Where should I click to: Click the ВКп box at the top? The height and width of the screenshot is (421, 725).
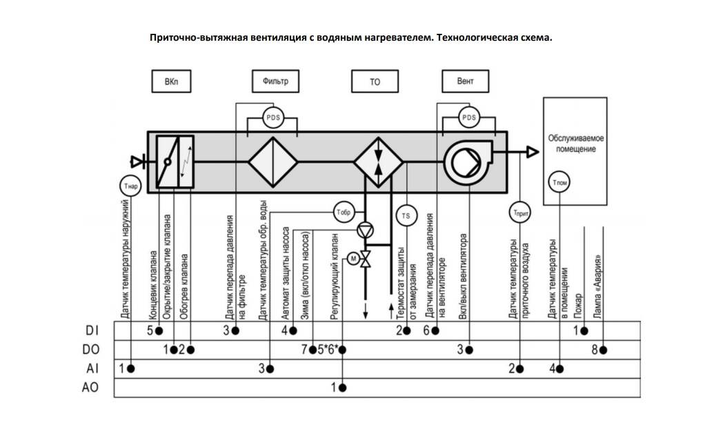coord(170,81)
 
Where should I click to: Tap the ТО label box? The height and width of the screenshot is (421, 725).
coord(375,81)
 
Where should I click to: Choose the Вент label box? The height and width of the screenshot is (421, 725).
coord(466,81)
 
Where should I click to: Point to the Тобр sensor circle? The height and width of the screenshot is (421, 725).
coord(343,211)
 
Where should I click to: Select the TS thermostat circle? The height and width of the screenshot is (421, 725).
coord(406,215)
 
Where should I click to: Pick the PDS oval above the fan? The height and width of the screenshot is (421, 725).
coord(469,117)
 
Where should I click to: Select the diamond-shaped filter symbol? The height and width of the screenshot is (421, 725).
coord(272,163)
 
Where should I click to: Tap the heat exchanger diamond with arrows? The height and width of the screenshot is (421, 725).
coord(378,163)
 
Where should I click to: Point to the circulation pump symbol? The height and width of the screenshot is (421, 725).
coord(366,232)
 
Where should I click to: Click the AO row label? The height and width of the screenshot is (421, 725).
coord(90,387)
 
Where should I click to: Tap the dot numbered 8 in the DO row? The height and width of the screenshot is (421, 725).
coord(603,350)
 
